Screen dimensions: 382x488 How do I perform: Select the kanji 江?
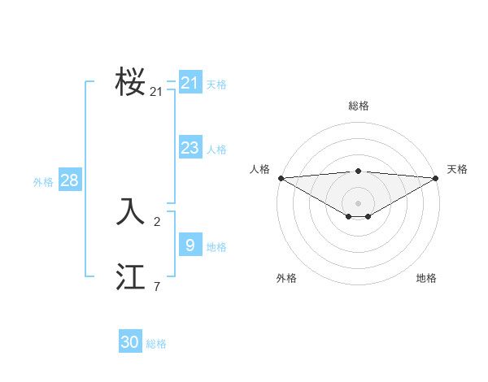(130, 277)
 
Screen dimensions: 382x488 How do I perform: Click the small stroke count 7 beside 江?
(157, 286)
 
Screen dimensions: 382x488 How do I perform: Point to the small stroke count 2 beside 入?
(157, 221)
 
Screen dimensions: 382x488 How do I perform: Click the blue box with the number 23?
(190, 147)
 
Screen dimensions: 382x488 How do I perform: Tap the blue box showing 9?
(190, 244)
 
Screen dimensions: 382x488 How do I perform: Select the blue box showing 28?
(69, 180)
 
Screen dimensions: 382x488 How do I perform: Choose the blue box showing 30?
(129, 342)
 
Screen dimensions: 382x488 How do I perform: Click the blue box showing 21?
(190, 82)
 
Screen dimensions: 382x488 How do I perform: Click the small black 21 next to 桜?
(156, 92)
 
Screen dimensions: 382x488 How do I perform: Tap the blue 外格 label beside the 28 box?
(43, 182)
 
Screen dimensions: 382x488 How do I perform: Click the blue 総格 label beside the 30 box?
(156, 344)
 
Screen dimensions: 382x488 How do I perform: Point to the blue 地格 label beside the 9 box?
(216, 246)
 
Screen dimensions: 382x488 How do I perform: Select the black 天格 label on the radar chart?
(457, 169)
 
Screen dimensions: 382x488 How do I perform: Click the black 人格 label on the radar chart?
(259, 169)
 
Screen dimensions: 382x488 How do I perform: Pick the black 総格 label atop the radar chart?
(359, 106)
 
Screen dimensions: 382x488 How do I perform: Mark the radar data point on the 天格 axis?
(437, 178)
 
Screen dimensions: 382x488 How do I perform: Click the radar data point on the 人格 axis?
(281, 178)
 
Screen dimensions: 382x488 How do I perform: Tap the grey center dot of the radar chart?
(359, 203)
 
